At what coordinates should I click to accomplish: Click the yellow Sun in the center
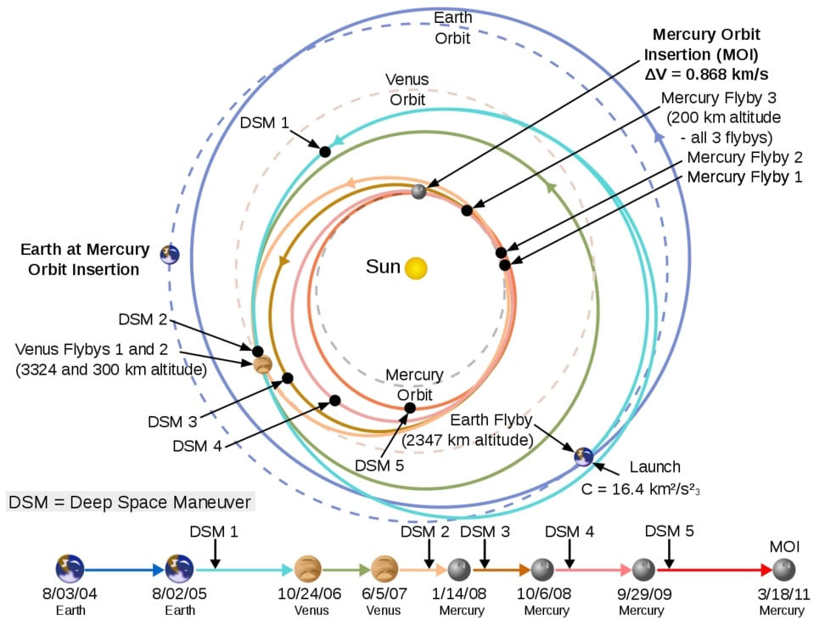(x=416, y=268)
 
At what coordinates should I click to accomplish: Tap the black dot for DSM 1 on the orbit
(x=324, y=151)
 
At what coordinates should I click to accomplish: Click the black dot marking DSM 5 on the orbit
(x=410, y=408)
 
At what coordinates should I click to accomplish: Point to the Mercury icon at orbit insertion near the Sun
(x=418, y=192)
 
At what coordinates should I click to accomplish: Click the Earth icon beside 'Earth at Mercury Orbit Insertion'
(x=171, y=254)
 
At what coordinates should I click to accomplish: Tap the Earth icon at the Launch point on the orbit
(x=582, y=456)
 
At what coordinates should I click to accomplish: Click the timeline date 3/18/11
(x=782, y=594)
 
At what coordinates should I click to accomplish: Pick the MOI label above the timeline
(x=784, y=547)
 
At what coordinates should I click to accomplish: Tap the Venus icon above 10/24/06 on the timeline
(x=307, y=568)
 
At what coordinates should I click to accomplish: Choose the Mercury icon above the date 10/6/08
(x=541, y=569)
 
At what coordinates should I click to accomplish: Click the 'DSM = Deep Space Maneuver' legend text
(x=130, y=502)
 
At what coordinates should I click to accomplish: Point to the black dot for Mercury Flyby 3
(x=467, y=210)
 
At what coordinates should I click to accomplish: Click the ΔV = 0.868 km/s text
(x=706, y=73)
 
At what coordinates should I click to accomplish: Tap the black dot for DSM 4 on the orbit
(x=335, y=400)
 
